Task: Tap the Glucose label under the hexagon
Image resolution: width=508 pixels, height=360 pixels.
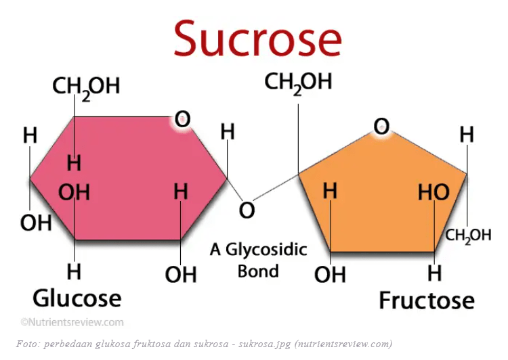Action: (77, 297)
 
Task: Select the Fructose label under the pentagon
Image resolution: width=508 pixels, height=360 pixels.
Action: (427, 300)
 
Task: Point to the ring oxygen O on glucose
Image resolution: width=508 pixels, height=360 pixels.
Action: (182, 120)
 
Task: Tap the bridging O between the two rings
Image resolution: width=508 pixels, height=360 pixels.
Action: (247, 210)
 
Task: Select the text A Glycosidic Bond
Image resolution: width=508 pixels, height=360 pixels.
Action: (258, 260)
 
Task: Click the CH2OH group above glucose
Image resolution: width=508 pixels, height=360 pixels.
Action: (86, 87)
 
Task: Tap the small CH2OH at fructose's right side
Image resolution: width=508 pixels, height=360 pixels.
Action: (468, 235)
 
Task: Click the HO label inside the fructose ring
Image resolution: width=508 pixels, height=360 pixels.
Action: (433, 192)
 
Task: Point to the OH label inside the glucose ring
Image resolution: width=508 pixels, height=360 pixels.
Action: (74, 192)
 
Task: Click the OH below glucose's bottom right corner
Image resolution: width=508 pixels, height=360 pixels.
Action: (181, 274)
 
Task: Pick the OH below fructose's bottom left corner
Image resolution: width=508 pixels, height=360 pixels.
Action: (331, 274)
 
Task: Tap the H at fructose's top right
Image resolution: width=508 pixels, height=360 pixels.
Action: (467, 135)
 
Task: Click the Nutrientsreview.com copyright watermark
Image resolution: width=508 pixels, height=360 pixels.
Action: (72, 322)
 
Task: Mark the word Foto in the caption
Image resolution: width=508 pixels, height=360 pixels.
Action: (27, 344)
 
